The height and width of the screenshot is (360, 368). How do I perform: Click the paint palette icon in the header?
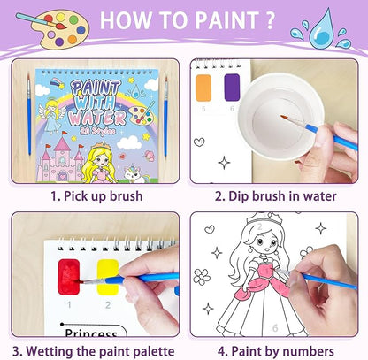[45, 23]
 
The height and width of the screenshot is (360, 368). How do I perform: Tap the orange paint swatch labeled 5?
[203, 90]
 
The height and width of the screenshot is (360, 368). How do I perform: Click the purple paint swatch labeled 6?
[233, 90]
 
